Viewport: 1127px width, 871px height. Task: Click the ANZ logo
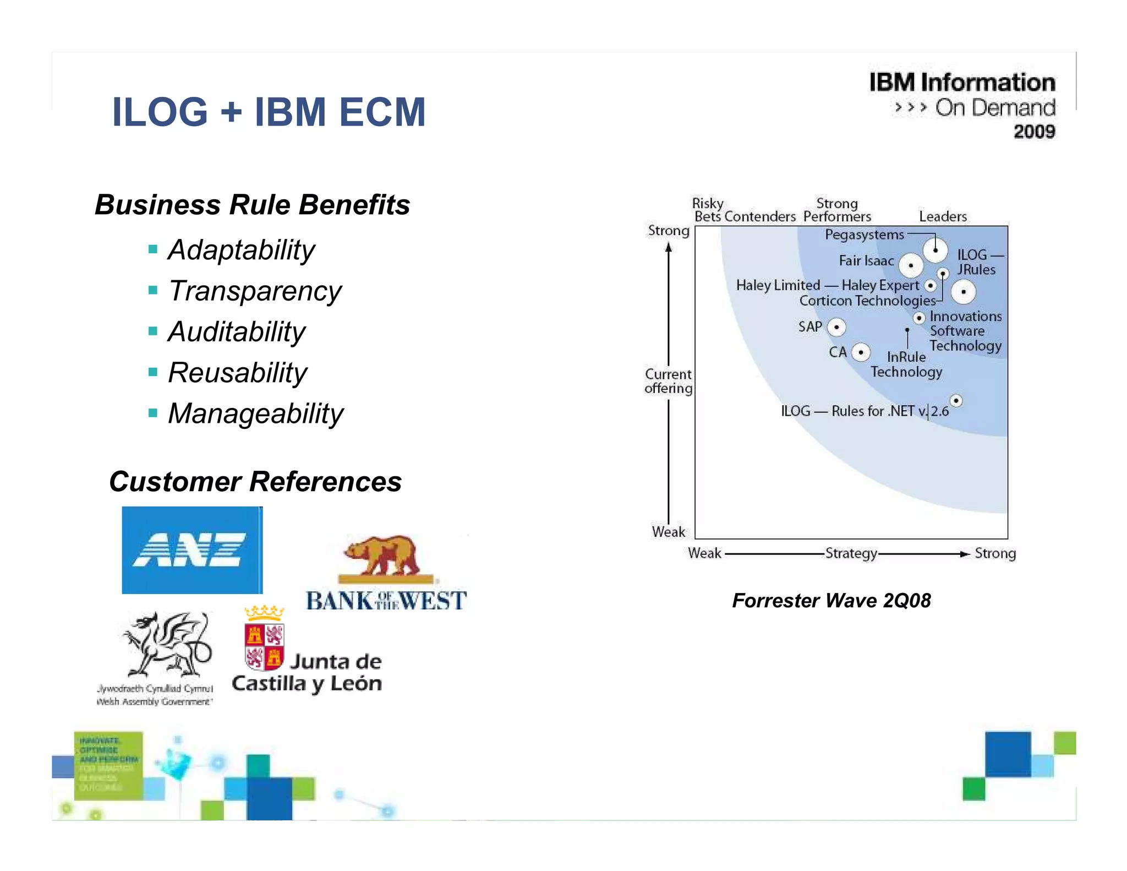pos(192,549)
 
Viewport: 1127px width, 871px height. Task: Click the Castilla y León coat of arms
pos(264,641)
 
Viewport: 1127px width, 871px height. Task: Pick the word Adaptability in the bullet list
pos(241,251)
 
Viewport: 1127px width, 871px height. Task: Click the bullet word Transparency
pos(254,291)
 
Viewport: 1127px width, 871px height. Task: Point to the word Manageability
pos(255,414)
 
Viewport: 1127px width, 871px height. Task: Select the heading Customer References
pos(255,482)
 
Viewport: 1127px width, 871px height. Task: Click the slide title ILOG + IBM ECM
pos(269,112)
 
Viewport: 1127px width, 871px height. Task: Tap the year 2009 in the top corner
pos(1034,132)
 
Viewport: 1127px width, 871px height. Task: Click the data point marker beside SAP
pos(836,327)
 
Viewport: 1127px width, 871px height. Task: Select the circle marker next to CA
pos(861,352)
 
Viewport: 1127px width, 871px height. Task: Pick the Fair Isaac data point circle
pos(911,265)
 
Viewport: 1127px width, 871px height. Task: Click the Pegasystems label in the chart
pos(864,235)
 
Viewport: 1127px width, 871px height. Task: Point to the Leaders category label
pos(943,216)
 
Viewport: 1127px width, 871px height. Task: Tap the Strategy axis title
pos(851,553)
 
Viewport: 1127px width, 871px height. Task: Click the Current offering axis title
pos(668,381)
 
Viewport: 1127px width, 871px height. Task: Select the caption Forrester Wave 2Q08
pos(831,601)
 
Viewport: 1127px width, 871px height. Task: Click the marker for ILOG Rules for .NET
pos(956,401)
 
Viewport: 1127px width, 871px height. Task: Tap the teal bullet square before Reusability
pos(153,372)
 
